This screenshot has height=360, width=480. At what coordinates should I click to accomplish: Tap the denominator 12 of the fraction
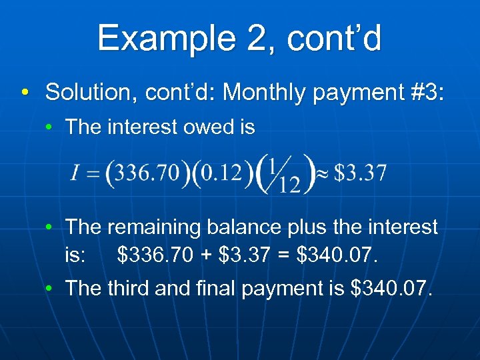289,184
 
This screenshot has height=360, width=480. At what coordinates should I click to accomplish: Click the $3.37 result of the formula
360,173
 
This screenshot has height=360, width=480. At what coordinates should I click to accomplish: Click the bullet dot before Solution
25,92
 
